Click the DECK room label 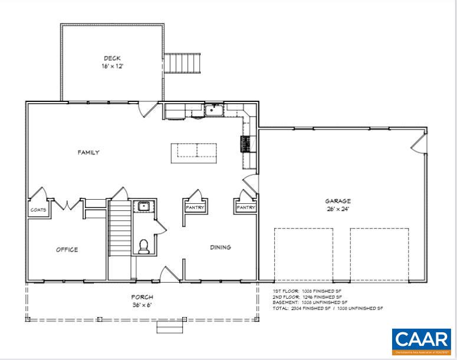click(112, 58)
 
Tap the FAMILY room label click(88, 153)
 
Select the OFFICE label click(67, 250)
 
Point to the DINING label click(220, 247)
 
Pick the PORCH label click(142, 297)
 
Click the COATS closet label click(39, 210)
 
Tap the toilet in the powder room click(143, 246)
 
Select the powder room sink click(143, 206)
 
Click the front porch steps click(169, 326)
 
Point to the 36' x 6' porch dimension click(142, 305)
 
